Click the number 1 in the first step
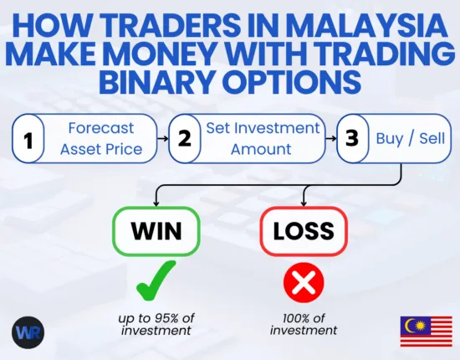29,139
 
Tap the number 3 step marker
353,139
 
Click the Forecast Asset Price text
100,138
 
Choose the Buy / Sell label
409,139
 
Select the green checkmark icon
156,280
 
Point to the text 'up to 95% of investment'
157,323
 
